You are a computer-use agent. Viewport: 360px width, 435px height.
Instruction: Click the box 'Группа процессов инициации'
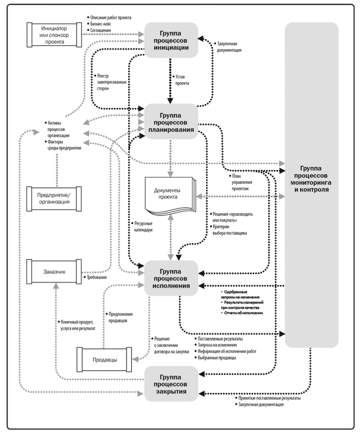[x=171, y=40]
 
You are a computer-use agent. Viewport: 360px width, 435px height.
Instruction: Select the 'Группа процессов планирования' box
[x=171, y=121]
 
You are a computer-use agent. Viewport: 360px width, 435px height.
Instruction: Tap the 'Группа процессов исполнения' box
[x=171, y=278]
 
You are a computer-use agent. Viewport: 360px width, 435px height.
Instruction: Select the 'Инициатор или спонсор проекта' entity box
[x=54, y=35]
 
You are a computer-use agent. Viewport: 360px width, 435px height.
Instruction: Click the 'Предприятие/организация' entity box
[x=54, y=199]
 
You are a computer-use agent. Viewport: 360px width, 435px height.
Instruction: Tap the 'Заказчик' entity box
[x=54, y=272]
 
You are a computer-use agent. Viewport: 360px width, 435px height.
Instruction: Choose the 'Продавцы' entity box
[x=104, y=359]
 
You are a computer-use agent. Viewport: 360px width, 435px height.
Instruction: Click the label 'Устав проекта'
[x=182, y=80]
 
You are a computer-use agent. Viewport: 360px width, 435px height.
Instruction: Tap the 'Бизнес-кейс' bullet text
[x=101, y=24]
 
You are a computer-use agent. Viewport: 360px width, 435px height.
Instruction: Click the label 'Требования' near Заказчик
[x=97, y=277]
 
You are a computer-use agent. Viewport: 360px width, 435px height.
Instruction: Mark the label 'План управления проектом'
[x=242, y=182]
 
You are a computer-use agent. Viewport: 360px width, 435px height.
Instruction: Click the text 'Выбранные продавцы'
[x=217, y=358]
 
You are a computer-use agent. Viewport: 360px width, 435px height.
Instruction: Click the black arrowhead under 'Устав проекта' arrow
[x=170, y=101]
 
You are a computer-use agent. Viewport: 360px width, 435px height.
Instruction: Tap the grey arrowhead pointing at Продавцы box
[x=136, y=359]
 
